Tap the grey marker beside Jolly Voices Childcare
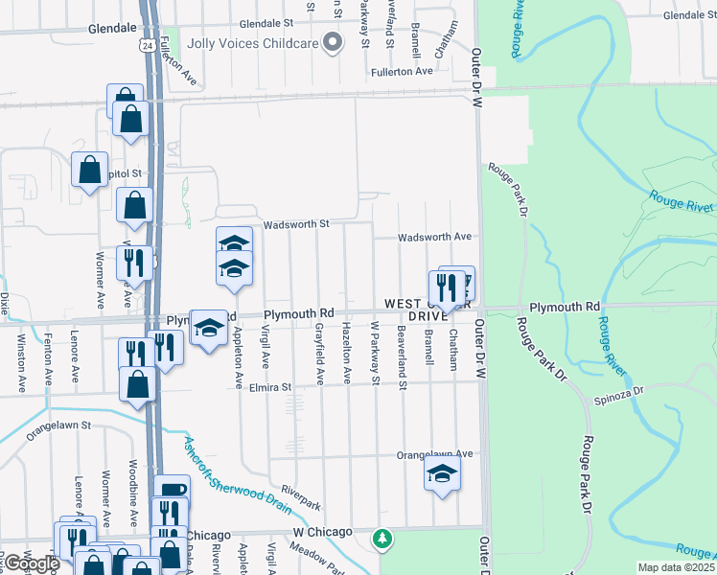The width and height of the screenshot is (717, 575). point(334,42)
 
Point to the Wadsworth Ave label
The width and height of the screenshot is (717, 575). point(434,237)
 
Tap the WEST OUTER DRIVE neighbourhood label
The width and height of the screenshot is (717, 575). point(426,310)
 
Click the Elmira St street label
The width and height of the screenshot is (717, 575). point(269,387)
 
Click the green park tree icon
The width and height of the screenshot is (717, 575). point(382,540)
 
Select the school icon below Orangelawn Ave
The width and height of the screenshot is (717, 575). point(441,474)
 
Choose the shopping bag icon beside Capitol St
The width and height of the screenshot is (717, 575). point(90,171)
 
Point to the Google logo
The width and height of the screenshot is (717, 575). point(31,563)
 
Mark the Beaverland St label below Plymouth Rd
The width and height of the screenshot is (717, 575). point(401,354)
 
